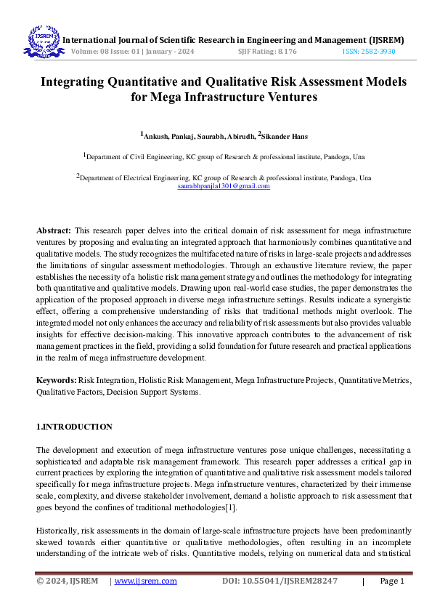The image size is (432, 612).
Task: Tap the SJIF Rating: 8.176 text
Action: [x=266, y=52]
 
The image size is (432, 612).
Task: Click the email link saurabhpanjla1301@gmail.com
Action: [x=224, y=186]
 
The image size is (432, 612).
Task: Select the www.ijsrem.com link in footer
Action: [x=146, y=581]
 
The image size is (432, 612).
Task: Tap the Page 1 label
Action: [x=391, y=581]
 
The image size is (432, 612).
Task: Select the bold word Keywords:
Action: [x=57, y=380]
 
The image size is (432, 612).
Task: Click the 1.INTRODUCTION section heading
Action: [x=74, y=427]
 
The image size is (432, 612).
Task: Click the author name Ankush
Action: [x=155, y=135]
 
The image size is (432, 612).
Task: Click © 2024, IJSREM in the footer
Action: [x=68, y=581]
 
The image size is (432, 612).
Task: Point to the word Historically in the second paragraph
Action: [x=57, y=522]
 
